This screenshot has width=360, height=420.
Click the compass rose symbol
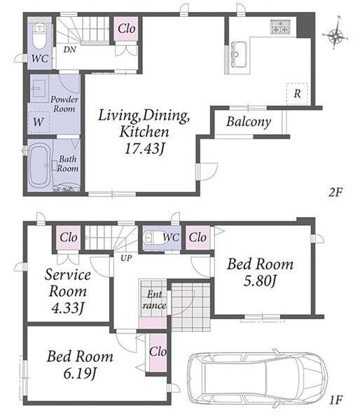(336, 36)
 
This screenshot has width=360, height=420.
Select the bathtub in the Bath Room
(39, 165)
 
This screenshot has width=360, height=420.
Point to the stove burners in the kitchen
(280, 27)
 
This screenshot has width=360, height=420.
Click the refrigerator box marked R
(297, 94)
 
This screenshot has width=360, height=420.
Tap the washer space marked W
(39, 122)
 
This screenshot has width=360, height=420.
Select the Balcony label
(249, 122)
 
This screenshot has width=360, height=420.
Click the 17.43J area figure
(144, 148)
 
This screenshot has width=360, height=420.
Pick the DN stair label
(70, 50)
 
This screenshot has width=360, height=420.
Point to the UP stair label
(125, 258)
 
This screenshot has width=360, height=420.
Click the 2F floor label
(336, 192)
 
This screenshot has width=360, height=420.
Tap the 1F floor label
(335, 400)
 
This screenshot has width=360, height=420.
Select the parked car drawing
(257, 378)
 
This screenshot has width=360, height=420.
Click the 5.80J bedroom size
(260, 281)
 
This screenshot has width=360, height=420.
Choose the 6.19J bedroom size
(80, 373)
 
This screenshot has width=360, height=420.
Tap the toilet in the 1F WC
(153, 237)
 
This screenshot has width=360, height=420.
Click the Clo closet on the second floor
(126, 29)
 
